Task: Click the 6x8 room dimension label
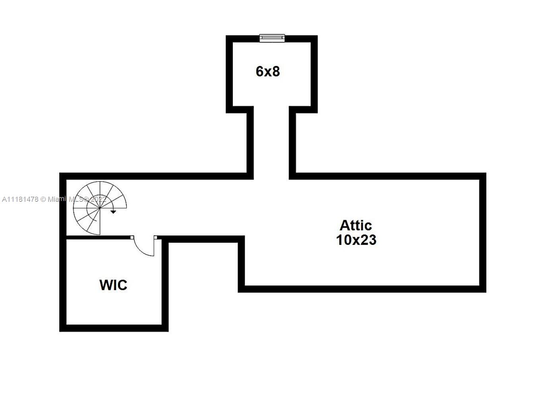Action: pos(268,72)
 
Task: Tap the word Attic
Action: pos(356,225)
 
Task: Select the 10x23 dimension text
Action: pos(356,240)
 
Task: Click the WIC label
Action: pos(113,285)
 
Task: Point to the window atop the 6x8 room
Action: pos(272,38)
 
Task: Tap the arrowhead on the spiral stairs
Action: pos(113,212)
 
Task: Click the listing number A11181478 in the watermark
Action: pos(20,199)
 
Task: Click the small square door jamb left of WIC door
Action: pos(132,238)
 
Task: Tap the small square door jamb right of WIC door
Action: pos(155,238)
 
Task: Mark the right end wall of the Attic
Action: pos(483,232)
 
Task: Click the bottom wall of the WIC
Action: pos(114,328)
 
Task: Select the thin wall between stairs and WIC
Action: pos(98,238)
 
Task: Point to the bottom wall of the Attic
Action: pos(362,289)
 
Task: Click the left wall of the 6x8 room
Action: pos(229,74)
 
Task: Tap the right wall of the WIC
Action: pos(165,285)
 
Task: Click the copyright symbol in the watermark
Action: pos(44,199)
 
